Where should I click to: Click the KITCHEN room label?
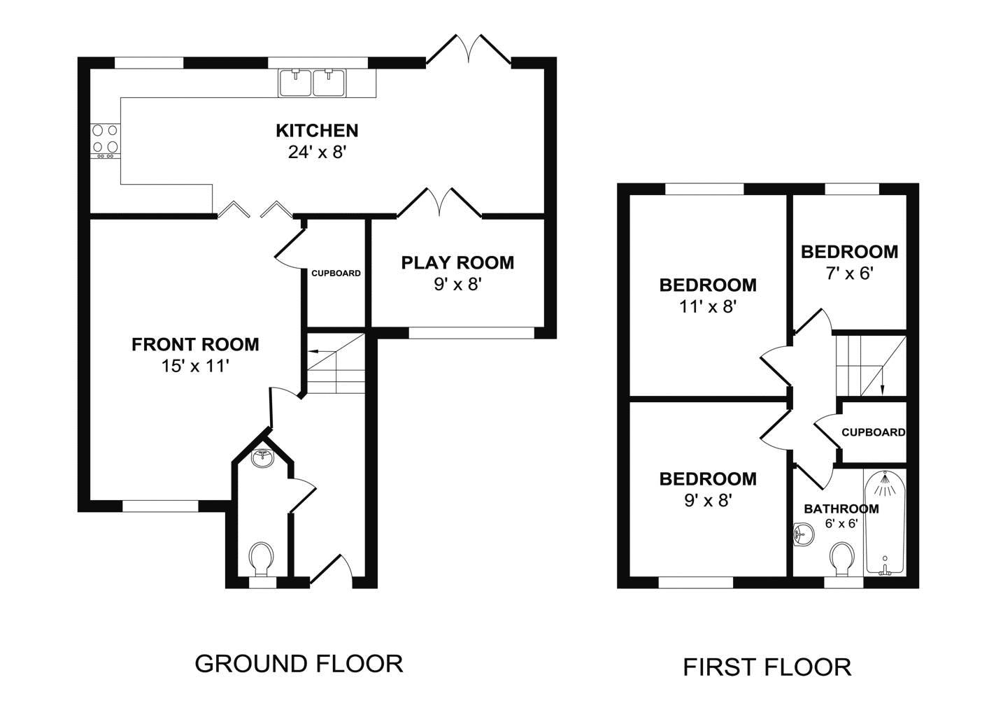[317, 131]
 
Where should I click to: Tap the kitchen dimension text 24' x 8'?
[317, 152]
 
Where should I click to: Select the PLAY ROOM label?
[457, 263]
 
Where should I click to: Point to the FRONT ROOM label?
[195, 345]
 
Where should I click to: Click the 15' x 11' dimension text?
[195, 367]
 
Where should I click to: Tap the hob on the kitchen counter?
[106, 141]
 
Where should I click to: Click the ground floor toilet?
[261, 560]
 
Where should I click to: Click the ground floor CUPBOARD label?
[336, 274]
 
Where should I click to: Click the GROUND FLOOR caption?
[299, 664]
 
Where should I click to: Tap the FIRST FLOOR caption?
[767, 667]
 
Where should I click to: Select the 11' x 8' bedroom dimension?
[708, 307]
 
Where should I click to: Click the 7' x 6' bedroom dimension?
[849, 274]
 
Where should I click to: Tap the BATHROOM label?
[841, 509]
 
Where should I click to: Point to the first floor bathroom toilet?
[841, 560]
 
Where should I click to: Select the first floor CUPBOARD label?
[874, 432]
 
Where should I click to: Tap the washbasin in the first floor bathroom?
[803, 534]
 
